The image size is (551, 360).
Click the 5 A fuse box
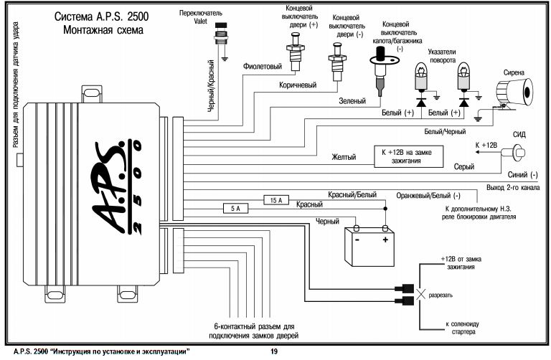tap(237, 209)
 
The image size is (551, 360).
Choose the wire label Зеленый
tap(352, 101)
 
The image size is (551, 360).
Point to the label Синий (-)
tap(522, 174)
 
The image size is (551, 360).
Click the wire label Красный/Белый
tap(353, 195)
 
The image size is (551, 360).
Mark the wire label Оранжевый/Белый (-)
tap(428, 195)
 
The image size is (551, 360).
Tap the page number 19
tap(273, 352)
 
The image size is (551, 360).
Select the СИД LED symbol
tap(515, 151)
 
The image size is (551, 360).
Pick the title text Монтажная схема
tap(103, 30)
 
